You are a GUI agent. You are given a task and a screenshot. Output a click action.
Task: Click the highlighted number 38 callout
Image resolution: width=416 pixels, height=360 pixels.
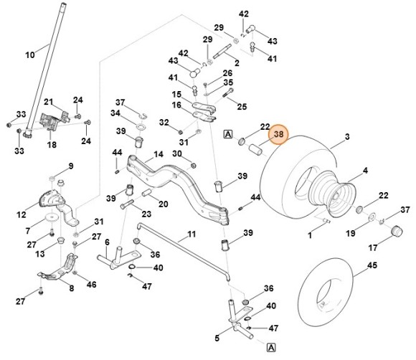click(x=278, y=133)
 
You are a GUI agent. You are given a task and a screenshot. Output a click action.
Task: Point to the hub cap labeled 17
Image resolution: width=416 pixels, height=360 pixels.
click(x=393, y=232)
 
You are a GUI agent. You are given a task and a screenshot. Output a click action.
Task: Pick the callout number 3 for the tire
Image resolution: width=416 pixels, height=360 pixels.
click(x=347, y=136)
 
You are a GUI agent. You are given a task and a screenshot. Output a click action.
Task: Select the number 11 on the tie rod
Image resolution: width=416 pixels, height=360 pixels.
click(x=192, y=235)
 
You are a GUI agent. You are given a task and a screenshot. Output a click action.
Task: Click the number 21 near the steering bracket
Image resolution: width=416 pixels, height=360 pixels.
click(x=49, y=102)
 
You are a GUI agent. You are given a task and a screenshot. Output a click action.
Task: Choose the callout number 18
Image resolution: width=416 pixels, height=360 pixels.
click(x=52, y=145)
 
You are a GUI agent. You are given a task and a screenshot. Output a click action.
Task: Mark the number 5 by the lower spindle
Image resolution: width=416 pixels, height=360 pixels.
click(x=217, y=338)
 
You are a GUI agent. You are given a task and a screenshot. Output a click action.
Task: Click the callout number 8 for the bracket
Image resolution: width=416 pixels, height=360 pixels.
click(x=71, y=288)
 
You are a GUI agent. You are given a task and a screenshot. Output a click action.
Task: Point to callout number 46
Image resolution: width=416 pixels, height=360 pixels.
click(x=91, y=285)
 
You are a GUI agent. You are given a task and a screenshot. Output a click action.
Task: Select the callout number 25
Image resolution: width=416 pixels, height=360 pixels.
click(x=242, y=107)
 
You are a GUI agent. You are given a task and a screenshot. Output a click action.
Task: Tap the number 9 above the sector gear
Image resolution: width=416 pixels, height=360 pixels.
click(x=71, y=166)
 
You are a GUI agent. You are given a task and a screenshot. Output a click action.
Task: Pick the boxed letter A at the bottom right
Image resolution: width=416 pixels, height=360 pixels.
click(x=270, y=347)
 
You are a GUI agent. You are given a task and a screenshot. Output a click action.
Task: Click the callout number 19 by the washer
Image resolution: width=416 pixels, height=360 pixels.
click(x=351, y=234)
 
